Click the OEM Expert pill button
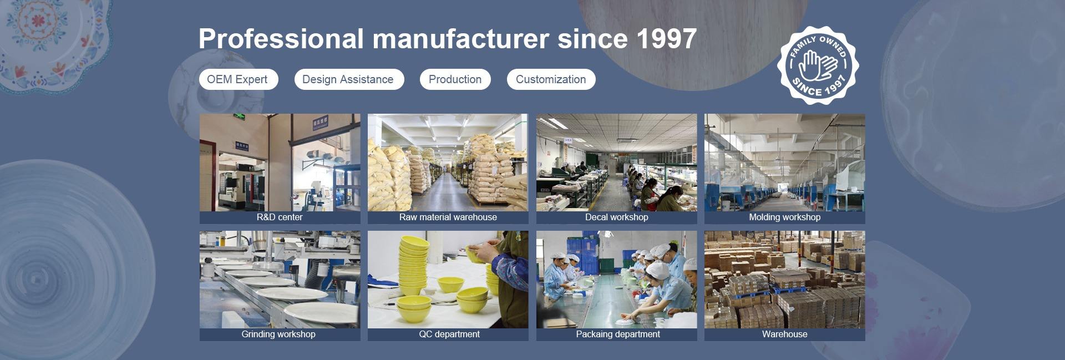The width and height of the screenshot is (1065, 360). point(239,79)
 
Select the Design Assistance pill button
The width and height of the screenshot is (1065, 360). point(349,79)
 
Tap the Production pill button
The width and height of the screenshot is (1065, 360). point(455,79)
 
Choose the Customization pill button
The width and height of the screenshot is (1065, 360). point(551,79)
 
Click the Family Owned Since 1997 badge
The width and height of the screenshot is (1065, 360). point(818,65)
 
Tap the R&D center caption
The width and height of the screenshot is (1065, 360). point(280,217)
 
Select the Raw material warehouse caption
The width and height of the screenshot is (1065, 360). point(448,217)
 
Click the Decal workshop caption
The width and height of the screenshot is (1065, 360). point(617,217)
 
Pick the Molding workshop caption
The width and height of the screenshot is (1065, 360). point(785,217)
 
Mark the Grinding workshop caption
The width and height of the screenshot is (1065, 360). point(278,334)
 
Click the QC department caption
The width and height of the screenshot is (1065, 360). point(449,334)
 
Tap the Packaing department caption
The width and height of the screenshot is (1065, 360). point(618,334)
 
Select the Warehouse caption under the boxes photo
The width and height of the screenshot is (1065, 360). point(785,334)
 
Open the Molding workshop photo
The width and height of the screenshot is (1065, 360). point(785,163)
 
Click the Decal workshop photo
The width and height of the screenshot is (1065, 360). point(617,163)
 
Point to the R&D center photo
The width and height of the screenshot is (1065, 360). point(280,163)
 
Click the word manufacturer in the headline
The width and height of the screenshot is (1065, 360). point(461,39)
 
